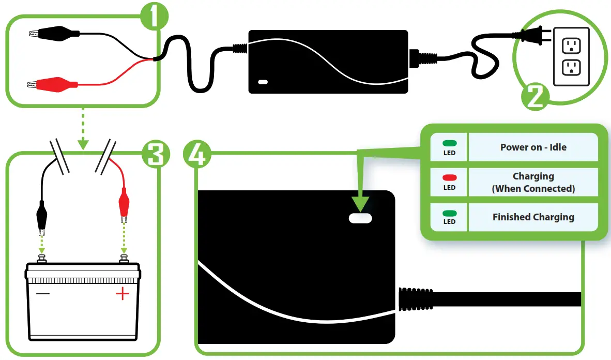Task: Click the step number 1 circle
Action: point(154,17)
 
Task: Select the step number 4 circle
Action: point(196,154)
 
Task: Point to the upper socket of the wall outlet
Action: point(571,45)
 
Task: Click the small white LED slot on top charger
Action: point(263,82)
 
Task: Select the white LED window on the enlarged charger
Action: point(360,218)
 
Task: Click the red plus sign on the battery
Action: point(122,294)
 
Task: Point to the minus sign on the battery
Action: point(43,293)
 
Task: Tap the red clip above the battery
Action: point(124,203)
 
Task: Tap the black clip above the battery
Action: point(42,214)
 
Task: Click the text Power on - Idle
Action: point(533,147)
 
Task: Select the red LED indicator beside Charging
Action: point(449,177)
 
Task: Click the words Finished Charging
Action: point(533,217)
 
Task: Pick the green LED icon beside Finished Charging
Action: point(449,213)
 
